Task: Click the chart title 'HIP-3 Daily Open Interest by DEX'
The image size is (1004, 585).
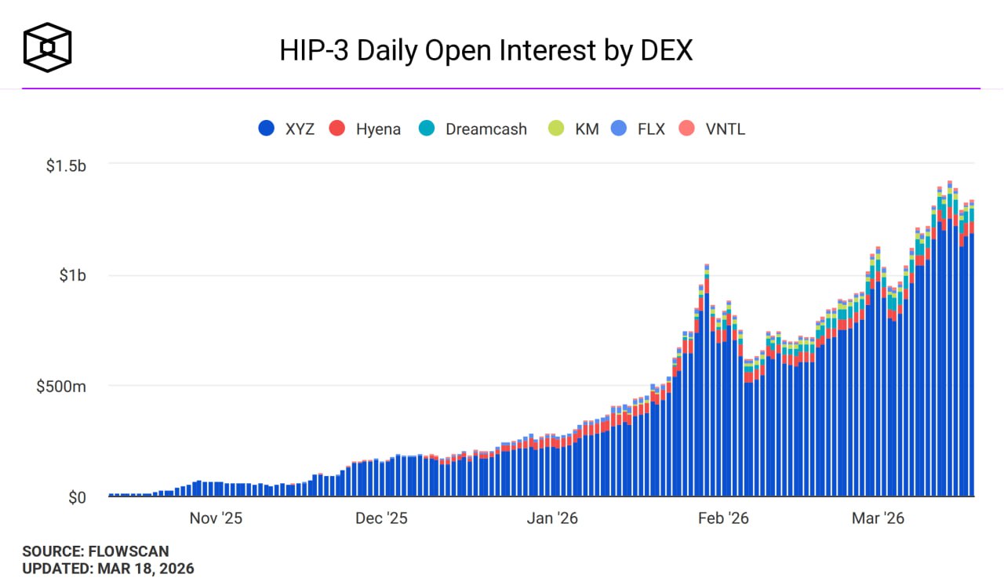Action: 486,51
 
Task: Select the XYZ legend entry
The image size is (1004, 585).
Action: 287,129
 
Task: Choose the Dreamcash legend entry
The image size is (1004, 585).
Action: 474,129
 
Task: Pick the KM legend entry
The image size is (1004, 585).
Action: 575,129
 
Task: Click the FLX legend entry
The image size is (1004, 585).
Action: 639,129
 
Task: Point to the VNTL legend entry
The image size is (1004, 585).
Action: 711,129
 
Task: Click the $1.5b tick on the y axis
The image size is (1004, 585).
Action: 66,165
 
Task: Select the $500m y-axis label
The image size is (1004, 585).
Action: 62,387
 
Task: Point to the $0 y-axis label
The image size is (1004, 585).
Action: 77,497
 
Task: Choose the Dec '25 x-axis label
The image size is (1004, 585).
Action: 381,518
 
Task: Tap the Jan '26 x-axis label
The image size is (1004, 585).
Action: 552,518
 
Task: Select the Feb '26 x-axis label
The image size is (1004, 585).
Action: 723,518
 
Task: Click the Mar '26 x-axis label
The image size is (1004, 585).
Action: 878,518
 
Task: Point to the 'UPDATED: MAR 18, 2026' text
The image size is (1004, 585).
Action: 108,569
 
